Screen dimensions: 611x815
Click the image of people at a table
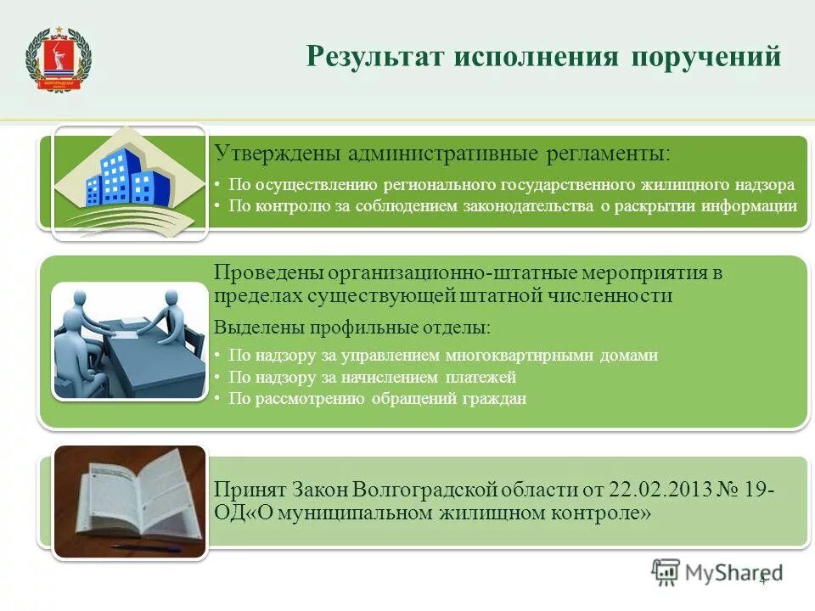tap(129, 340)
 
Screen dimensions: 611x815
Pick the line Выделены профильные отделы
tap(351, 327)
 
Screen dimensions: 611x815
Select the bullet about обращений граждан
tap(377, 399)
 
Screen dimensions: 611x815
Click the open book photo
tap(129, 501)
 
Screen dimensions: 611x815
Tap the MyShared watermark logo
tap(717, 573)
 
